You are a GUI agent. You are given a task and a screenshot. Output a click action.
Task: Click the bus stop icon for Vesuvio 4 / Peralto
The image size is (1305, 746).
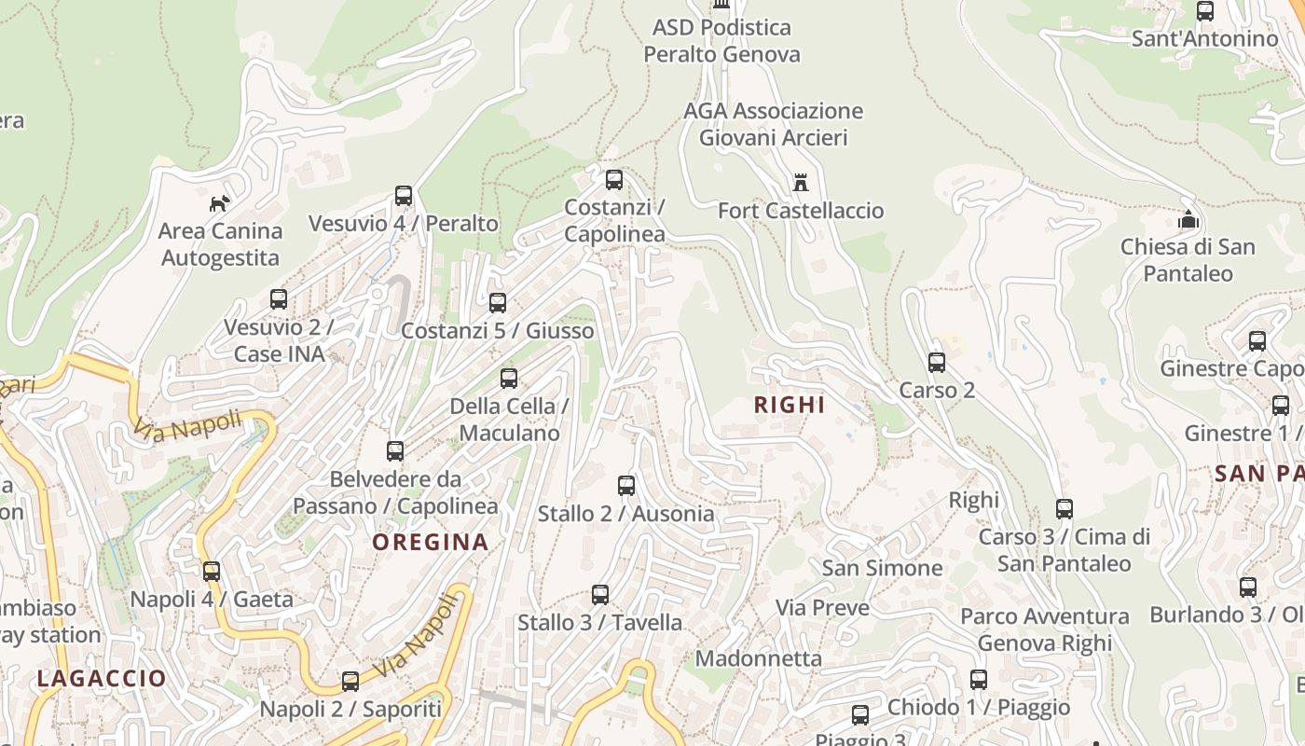pyautogui.click(x=403, y=196)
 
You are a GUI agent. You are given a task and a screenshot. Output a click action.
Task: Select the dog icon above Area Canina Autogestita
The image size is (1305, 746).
pyautogui.click(x=219, y=202)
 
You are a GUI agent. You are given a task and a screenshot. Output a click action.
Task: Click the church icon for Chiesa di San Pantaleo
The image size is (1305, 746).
pyautogui.click(x=1188, y=220)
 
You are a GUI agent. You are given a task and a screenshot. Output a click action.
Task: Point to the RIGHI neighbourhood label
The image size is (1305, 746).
pyautogui.click(x=790, y=405)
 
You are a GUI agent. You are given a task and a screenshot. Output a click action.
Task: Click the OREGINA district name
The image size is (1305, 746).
pyautogui.click(x=430, y=542)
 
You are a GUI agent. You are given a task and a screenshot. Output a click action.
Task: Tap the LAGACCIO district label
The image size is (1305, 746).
pyautogui.click(x=101, y=679)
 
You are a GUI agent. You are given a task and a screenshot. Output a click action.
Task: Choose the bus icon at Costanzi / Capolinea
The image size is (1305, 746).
pyautogui.click(x=613, y=180)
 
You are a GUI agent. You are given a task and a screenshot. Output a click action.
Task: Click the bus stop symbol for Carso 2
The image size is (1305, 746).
pyautogui.click(x=937, y=363)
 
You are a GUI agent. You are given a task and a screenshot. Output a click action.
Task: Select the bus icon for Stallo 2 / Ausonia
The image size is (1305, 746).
pyautogui.click(x=625, y=486)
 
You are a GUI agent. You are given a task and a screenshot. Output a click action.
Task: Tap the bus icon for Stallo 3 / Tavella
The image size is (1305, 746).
pyautogui.click(x=599, y=595)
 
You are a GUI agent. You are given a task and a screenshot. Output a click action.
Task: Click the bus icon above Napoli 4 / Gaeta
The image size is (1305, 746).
pyautogui.click(x=212, y=572)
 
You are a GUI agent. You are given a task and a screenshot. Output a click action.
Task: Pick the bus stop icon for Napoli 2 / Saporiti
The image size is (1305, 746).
pyautogui.click(x=350, y=682)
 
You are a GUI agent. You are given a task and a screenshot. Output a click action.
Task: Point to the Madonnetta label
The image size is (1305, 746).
pyautogui.click(x=758, y=658)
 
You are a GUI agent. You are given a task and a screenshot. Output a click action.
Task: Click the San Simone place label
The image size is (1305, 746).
pyautogui.click(x=881, y=568)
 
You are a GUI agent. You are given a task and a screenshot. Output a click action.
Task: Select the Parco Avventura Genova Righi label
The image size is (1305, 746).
pyautogui.click(x=1044, y=629)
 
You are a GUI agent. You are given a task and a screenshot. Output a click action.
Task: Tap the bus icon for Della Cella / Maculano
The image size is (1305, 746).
pyautogui.click(x=508, y=379)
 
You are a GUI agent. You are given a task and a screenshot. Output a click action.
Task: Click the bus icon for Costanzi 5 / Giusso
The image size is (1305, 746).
pyautogui.click(x=497, y=303)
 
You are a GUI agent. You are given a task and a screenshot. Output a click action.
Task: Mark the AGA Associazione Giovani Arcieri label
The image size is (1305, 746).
pyautogui.click(x=773, y=124)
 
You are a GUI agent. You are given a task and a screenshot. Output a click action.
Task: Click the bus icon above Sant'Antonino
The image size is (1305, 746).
pyautogui.click(x=1204, y=11)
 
